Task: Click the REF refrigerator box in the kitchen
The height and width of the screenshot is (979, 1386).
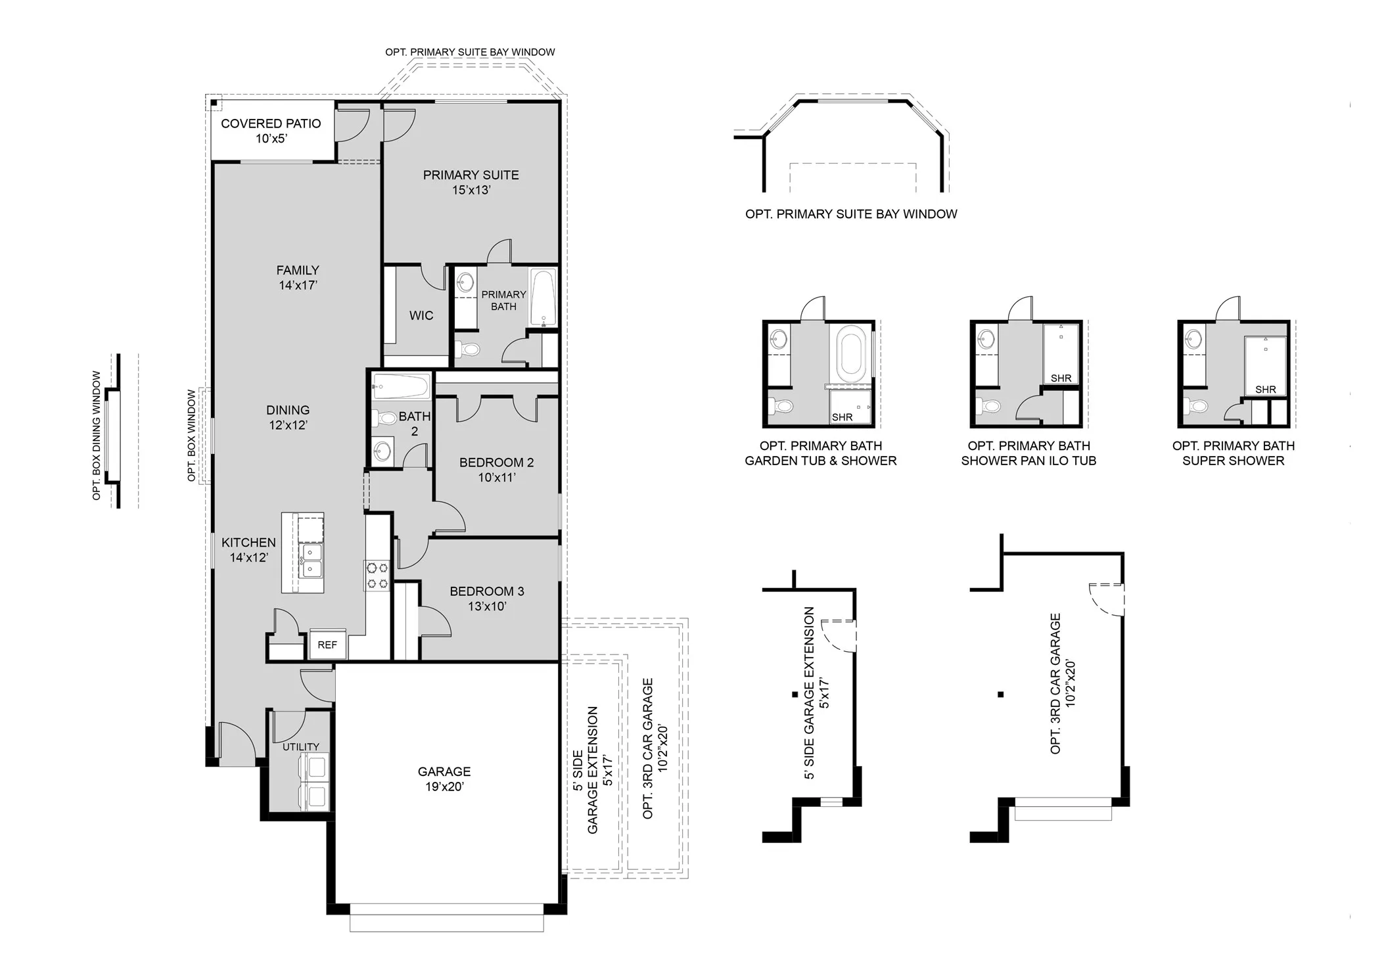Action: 327,645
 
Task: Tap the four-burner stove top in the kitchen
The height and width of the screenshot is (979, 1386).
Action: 377,576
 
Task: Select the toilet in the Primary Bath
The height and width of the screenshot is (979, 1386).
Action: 468,350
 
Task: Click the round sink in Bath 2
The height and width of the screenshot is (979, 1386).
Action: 382,451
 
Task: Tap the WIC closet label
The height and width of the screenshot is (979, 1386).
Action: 421,315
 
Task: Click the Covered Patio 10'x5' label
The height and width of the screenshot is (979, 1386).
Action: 271,130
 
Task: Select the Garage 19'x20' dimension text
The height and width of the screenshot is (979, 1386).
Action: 444,786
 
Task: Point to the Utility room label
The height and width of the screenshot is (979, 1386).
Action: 300,746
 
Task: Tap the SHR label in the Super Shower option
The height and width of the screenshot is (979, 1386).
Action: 1265,390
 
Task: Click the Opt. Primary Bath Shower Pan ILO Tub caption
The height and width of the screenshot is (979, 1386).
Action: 1028,453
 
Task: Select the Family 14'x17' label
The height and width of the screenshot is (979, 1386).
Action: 298,277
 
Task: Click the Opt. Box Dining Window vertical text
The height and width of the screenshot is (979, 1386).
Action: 97,435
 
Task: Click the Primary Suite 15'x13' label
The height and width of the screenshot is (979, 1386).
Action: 471,182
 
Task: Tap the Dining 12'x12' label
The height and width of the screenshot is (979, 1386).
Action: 288,417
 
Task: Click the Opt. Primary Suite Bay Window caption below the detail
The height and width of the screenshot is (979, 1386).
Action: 851,214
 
